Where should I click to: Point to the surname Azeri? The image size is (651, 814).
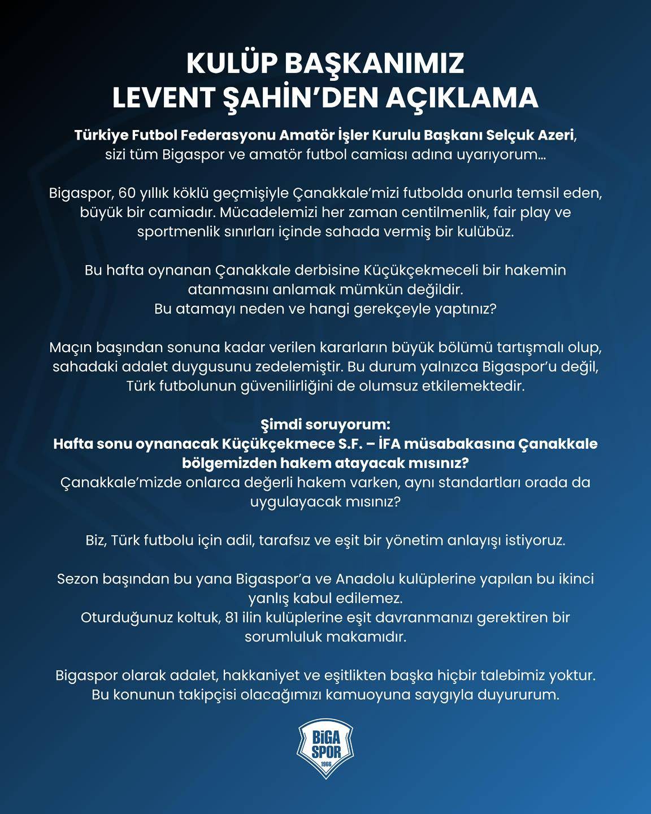[559, 136]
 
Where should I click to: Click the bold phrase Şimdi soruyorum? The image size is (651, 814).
[325, 424]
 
